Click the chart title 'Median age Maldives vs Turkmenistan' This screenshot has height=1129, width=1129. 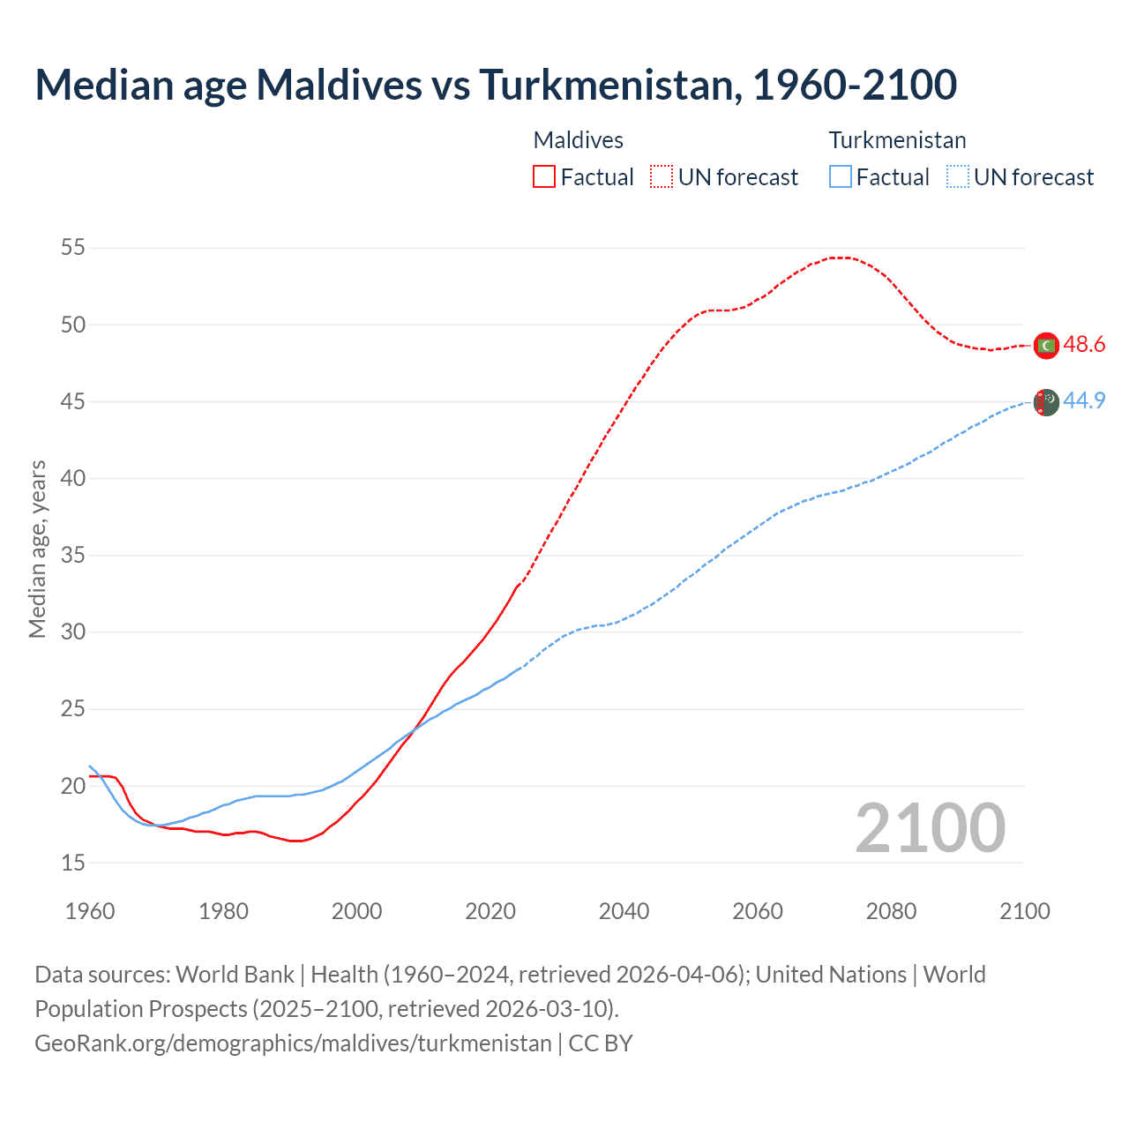click(x=496, y=85)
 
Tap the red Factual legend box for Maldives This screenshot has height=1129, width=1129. click(x=544, y=176)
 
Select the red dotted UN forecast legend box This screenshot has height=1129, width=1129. click(x=662, y=176)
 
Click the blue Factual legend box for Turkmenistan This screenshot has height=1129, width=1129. click(x=840, y=176)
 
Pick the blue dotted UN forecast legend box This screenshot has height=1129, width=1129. click(x=957, y=176)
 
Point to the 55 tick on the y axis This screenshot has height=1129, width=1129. click(x=73, y=248)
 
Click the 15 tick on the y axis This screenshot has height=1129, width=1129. click(x=73, y=863)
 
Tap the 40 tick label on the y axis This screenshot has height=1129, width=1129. click(x=73, y=479)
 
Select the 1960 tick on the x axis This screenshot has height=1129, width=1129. click(x=90, y=911)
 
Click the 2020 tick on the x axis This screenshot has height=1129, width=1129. click(x=490, y=911)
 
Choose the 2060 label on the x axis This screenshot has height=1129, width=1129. click(x=758, y=911)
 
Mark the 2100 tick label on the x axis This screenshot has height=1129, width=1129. click(x=1024, y=911)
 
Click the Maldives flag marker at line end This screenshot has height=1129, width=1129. click(x=1045, y=346)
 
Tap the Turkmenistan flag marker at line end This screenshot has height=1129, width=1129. click(x=1045, y=402)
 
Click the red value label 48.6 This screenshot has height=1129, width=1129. click(x=1084, y=345)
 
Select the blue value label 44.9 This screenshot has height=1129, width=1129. click(x=1084, y=401)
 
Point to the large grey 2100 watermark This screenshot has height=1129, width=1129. click(x=930, y=828)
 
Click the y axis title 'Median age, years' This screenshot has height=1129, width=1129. click(x=37, y=549)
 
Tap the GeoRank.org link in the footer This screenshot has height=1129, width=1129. click(x=293, y=1043)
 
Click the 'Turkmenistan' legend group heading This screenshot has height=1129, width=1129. click(x=897, y=140)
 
